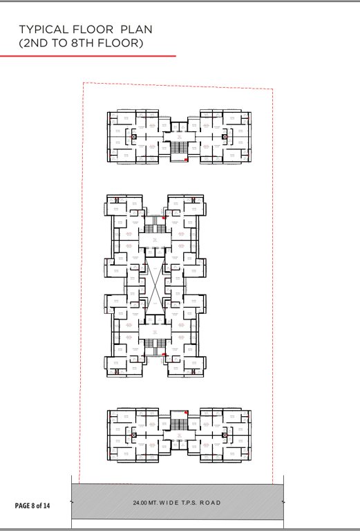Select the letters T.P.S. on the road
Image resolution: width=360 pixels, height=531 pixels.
pyautogui.click(x=183, y=503)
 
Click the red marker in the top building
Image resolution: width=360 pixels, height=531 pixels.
pyautogui.click(x=186, y=160)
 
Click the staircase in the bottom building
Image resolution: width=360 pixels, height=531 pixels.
pyautogui.click(x=179, y=424)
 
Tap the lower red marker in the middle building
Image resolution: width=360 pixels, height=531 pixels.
pyautogui.click(x=164, y=355)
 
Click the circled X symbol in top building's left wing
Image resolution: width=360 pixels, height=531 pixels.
pyautogui.click(x=133, y=136)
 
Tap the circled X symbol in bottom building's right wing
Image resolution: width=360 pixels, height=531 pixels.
pyautogui.click(x=225, y=435)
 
